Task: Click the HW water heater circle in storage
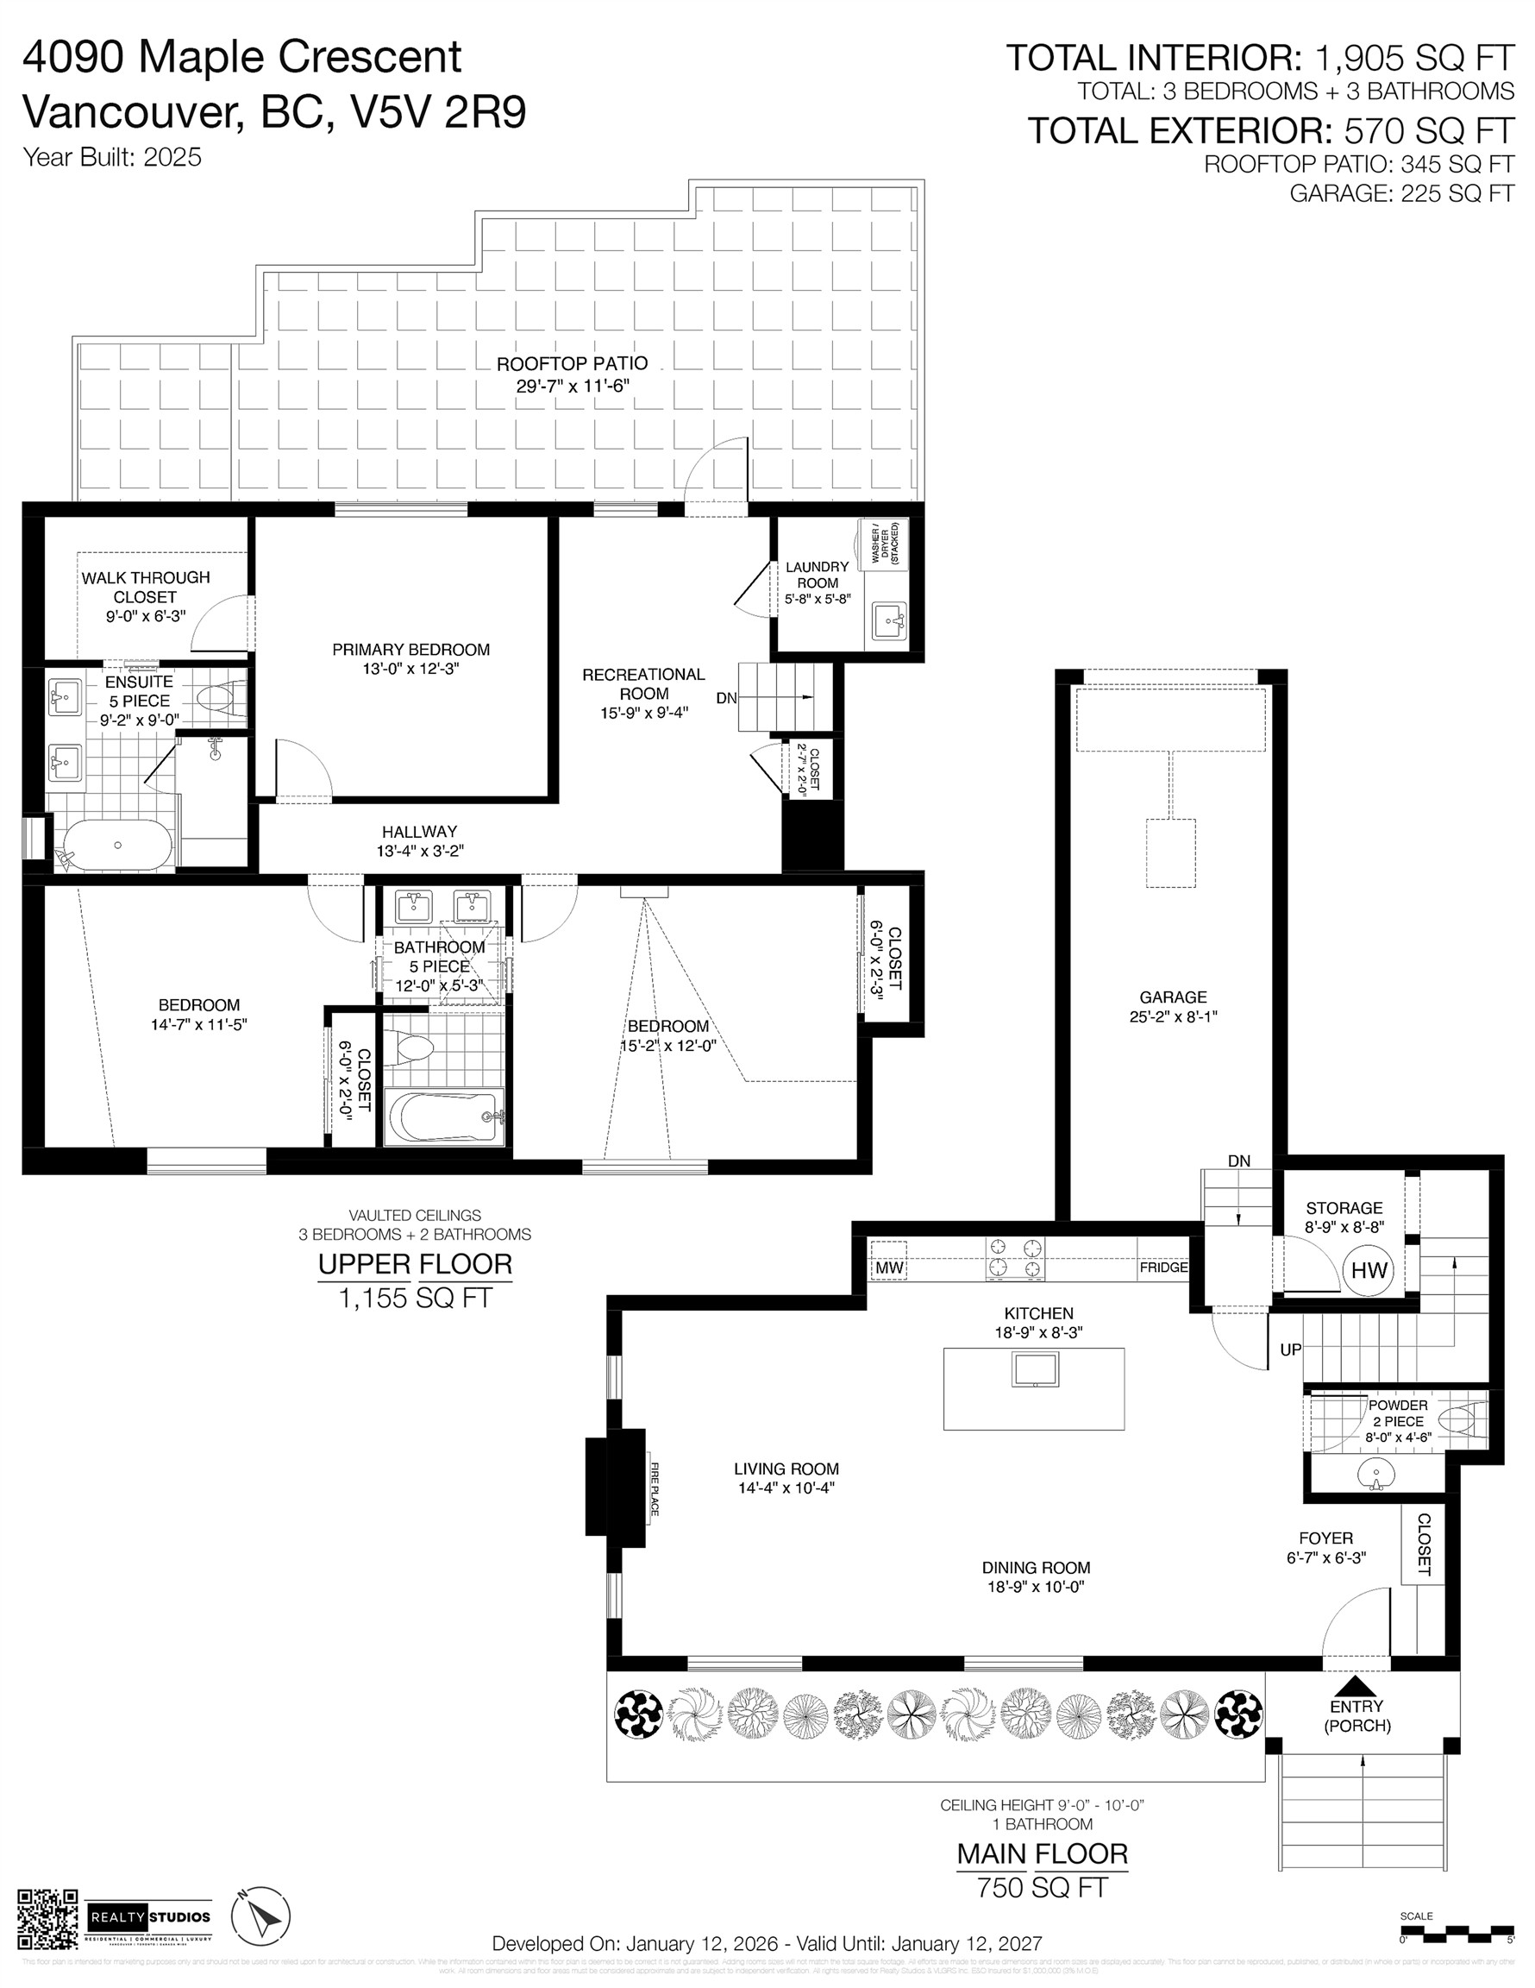[1369, 1271]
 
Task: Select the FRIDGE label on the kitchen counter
[1162, 1267]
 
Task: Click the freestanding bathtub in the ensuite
[117, 846]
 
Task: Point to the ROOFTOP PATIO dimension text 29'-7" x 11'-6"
[573, 386]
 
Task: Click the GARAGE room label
[1173, 997]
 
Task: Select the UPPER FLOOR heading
[414, 1264]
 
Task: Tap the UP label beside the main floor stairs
[1290, 1349]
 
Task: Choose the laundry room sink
[888, 622]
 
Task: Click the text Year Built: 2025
[112, 158]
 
